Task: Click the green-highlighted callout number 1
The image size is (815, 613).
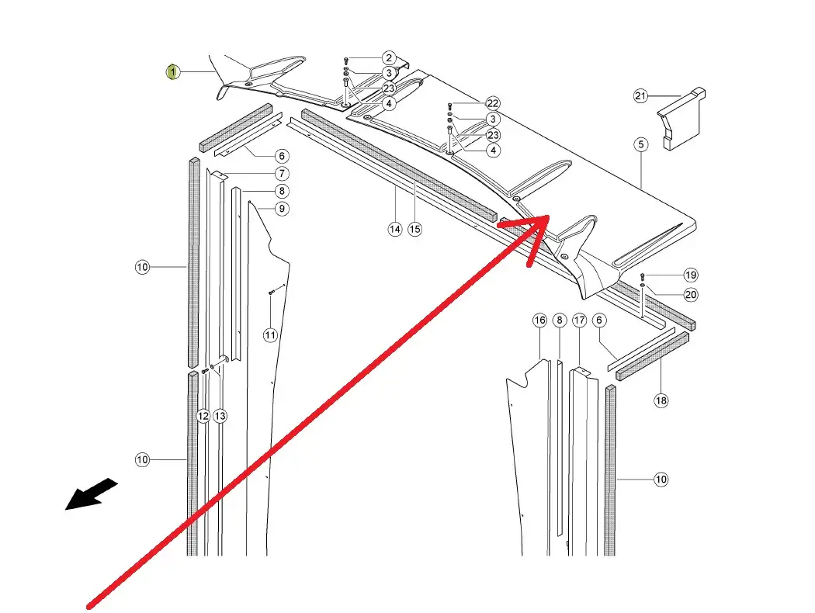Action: pos(172,72)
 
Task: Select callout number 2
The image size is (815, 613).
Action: pos(389,58)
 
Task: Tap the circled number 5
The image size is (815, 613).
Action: pos(641,144)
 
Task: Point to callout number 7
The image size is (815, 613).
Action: pos(281,174)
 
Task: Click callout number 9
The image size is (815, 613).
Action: pos(281,208)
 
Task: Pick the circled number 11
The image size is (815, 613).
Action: pos(269,335)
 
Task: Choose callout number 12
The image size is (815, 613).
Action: pos(203,417)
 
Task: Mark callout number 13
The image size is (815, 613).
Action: pos(220,417)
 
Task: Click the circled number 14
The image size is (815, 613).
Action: pos(395,229)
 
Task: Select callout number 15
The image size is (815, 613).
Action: pos(415,229)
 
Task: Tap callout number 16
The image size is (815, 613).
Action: pos(540,320)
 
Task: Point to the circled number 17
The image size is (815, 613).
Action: pos(579,320)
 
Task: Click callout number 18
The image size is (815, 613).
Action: pos(661,400)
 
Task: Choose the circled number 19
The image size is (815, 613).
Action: pos(691,275)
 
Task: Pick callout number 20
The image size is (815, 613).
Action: pos(691,295)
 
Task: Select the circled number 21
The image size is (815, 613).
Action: pos(640,96)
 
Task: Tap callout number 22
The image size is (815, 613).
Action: pos(493,103)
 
